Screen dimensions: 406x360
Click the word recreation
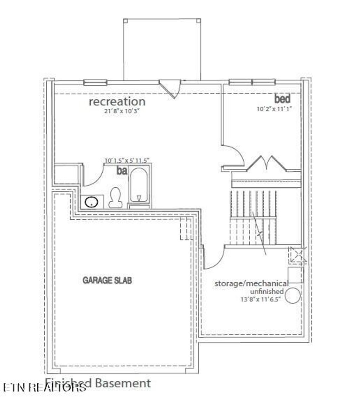[117, 101]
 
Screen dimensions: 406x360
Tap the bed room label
[282, 98]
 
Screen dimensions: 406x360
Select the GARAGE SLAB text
[107, 280]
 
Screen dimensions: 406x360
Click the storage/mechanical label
[251, 283]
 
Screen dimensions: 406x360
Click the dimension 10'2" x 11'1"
[274, 109]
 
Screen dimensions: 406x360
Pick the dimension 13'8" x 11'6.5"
[260, 299]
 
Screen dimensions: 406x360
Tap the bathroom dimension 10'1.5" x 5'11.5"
[127, 160]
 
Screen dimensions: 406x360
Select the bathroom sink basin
[91, 202]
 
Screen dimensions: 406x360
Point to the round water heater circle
[293, 295]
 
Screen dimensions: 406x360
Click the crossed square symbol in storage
[297, 255]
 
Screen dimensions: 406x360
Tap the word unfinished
[266, 291]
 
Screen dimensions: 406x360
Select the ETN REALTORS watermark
[44, 387]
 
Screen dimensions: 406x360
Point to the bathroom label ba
[122, 171]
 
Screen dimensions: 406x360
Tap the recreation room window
[95, 83]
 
